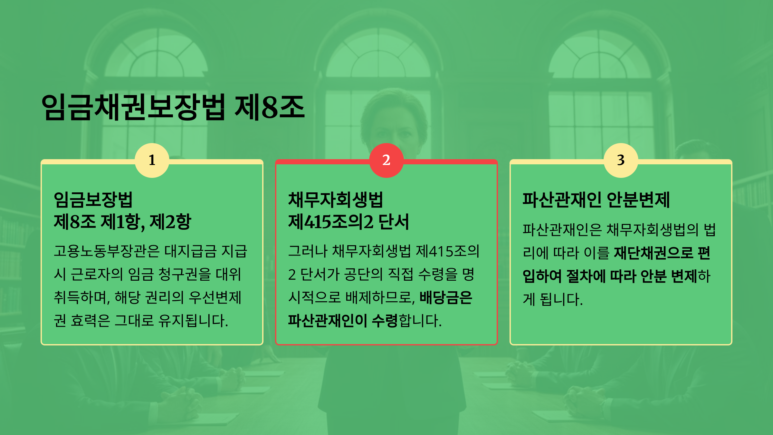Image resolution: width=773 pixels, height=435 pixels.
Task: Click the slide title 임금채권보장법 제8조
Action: [173, 107]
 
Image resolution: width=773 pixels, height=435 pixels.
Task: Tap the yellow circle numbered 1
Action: [152, 160]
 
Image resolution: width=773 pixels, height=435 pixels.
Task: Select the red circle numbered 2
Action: [386, 160]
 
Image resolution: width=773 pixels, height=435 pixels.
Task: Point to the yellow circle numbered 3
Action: [621, 160]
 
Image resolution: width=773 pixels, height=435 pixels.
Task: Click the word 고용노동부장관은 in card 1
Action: [107, 251]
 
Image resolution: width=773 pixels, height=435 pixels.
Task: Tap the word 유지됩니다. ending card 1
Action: [193, 321]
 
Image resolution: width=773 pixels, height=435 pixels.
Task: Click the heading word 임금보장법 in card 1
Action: [93, 200]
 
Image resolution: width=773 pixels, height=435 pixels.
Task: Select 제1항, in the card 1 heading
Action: [123, 222]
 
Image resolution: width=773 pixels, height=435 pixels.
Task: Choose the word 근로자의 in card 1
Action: [97, 274]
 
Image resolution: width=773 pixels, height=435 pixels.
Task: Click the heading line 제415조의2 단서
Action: [348, 222]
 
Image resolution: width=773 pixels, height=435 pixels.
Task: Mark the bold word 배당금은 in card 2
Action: [446, 297]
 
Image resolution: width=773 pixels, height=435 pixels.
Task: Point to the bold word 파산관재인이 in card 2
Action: [328, 321]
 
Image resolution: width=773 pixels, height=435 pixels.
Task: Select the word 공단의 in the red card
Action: [363, 274]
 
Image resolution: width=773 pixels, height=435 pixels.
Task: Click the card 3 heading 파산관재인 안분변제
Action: [596, 200]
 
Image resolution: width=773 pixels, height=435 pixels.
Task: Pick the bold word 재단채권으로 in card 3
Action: [654, 253]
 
